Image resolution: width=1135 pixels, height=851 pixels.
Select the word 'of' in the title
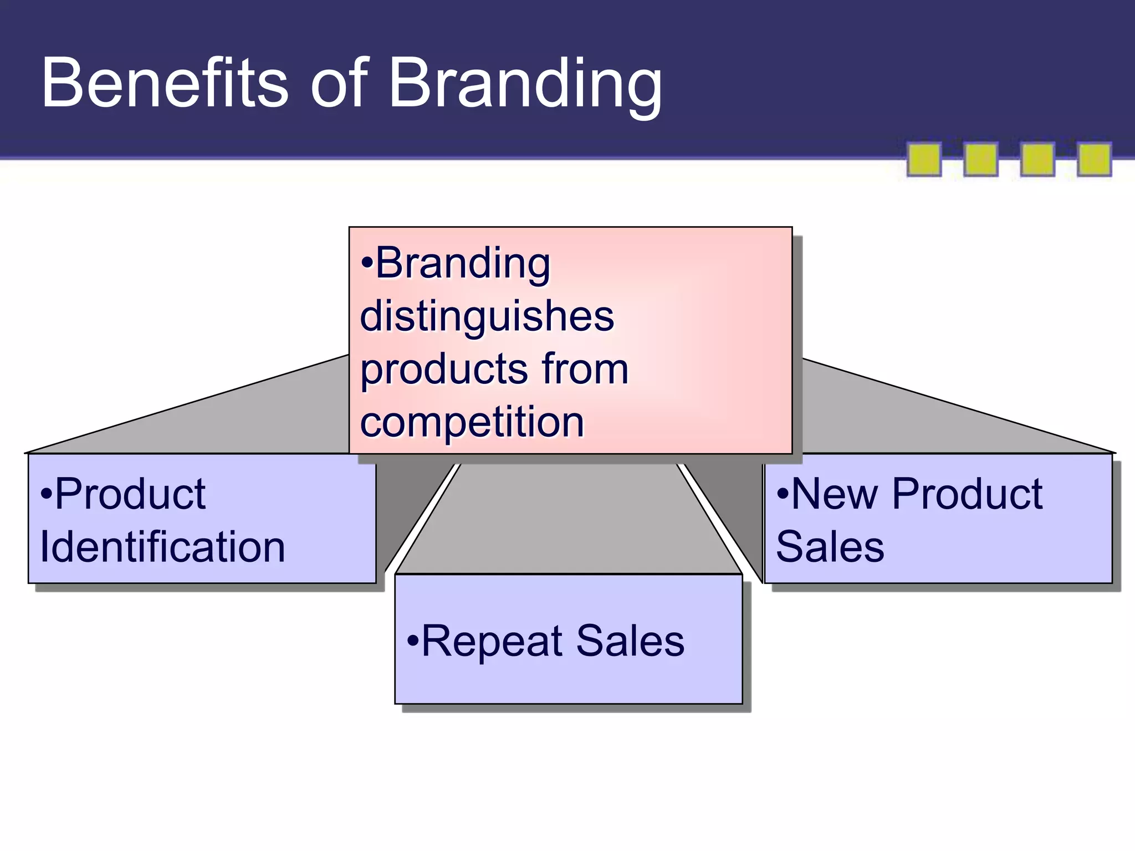(339, 83)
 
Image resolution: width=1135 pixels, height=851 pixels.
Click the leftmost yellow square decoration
(924, 160)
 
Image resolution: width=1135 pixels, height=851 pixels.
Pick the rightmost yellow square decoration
(1094, 160)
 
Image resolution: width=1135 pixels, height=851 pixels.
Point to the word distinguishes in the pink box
(487, 317)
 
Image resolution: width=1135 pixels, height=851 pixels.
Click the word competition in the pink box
(472, 422)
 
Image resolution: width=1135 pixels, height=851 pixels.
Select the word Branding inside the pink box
(463, 264)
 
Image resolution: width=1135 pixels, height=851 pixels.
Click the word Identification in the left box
(162, 547)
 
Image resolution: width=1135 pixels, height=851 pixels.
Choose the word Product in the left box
(130, 494)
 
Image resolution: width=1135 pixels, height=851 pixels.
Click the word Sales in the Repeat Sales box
(630, 641)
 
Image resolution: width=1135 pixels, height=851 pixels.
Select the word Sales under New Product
(830, 547)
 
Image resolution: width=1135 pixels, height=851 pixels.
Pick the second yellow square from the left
(981, 160)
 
